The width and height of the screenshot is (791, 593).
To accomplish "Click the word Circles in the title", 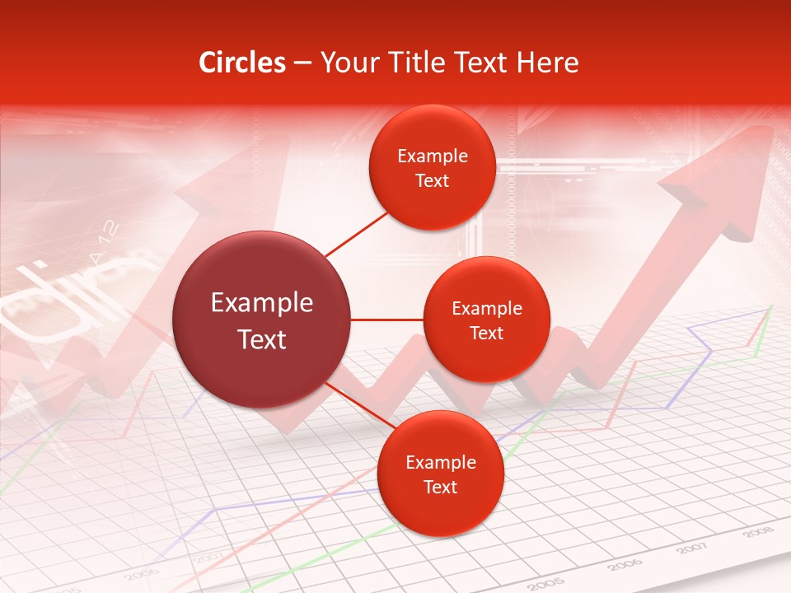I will tap(242, 63).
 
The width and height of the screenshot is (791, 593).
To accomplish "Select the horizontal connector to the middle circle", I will tap(387, 320).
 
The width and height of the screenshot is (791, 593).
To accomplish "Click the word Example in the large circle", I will tap(262, 303).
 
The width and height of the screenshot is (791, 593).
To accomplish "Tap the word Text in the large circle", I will tap(262, 339).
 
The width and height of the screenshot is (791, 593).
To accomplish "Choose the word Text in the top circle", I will tap(432, 180).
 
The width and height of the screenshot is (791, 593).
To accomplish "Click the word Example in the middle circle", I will tap(487, 309).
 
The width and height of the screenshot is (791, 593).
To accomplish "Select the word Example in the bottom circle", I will tap(440, 463).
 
